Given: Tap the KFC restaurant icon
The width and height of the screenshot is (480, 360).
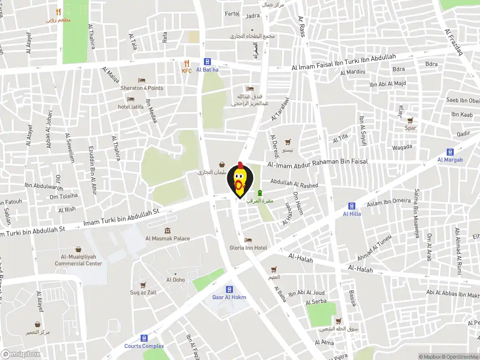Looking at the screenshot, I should [x=187, y=63].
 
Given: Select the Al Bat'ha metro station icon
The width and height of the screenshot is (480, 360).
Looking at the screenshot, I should [x=207, y=62].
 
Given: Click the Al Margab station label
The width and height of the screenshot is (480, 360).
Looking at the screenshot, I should [x=450, y=160].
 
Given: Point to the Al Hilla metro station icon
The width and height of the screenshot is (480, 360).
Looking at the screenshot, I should [x=352, y=206].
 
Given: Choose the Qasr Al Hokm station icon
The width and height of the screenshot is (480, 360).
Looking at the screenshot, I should [x=229, y=289].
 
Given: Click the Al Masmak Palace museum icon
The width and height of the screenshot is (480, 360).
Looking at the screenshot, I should [x=167, y=231].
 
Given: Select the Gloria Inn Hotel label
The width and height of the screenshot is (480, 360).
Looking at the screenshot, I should [x=248, y=247].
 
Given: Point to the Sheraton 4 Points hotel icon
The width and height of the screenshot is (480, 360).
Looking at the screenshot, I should [x=142, y=81].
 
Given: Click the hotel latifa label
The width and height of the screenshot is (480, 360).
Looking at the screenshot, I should [x=131, y=107].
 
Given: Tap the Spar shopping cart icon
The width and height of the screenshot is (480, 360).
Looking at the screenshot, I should [x=410, y=120].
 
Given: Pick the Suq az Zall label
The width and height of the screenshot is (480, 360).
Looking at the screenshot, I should [x=143, y=292].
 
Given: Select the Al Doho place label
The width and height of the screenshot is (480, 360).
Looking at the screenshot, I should [x=175, y=280].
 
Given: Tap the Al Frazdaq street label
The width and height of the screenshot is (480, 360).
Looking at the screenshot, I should [x=453, y=41].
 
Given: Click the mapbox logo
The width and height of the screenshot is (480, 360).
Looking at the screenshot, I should [x=20, y=354].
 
